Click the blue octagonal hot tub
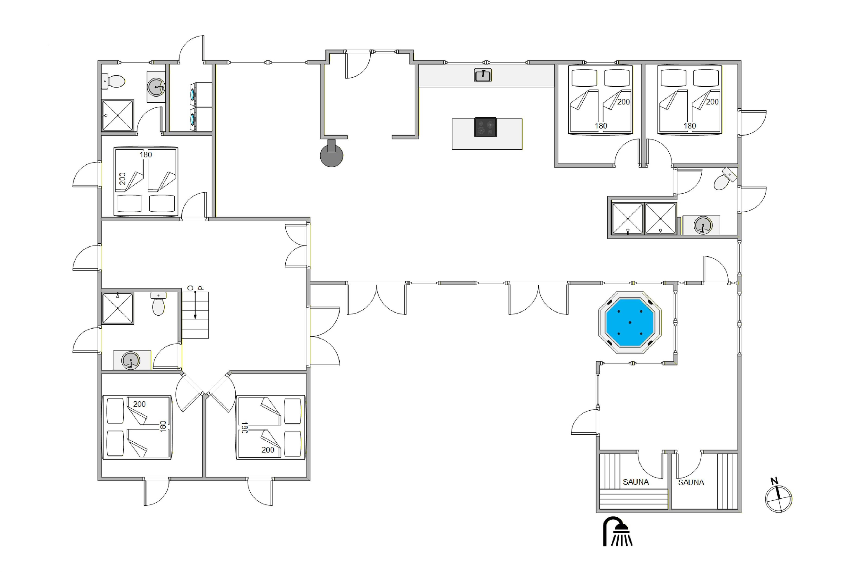coord(630,323)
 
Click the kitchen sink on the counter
coord(482,75)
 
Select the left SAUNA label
coord(636,482)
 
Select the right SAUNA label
coord(691,482)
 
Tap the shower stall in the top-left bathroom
coord(118,115)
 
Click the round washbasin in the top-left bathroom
coord(156,87)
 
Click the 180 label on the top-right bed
coord(690,126)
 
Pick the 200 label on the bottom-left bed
coord(140,404)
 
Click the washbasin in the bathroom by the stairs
coord(131,360)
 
